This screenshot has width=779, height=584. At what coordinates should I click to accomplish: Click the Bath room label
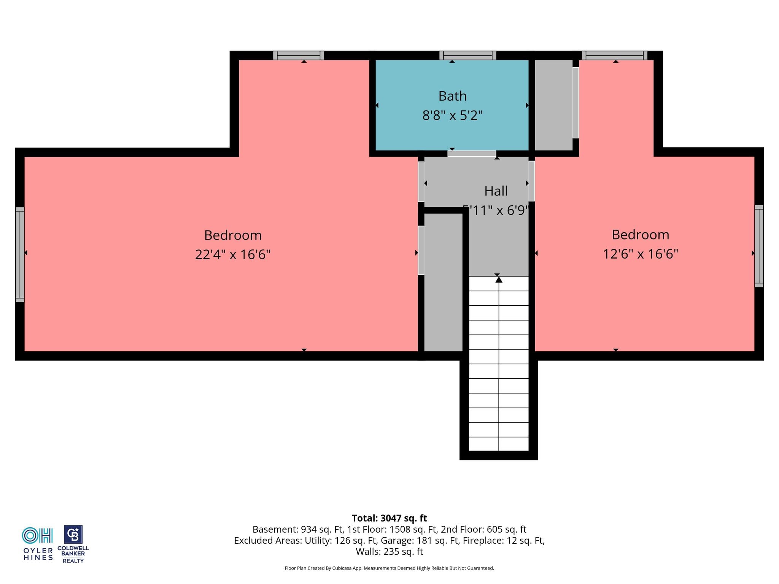pos(452,96)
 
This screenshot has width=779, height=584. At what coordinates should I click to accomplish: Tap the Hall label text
pos(496,191)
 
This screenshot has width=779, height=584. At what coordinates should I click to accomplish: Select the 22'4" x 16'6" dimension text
pos(233,254)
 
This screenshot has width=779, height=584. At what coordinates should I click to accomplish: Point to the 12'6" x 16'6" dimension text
pos(641,254)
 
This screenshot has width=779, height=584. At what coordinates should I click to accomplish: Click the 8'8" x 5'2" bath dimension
pos(452,115)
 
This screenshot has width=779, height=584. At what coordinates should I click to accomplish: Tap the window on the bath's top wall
pos(467,56)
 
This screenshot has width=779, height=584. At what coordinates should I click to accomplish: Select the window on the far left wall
pos(20,255)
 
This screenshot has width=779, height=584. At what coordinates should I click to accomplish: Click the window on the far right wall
pos(759,246)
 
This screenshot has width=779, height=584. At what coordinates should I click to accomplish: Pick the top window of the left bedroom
pos(299,56)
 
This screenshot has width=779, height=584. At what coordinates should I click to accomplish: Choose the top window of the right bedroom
pos(615,56)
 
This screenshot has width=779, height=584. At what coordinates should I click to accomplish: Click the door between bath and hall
pos(472,154)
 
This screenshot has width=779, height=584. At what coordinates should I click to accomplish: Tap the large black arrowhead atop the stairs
pos(499,280)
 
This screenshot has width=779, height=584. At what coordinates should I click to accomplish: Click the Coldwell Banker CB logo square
pos(73,535)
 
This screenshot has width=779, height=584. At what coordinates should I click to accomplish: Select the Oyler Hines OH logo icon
pos(37,535)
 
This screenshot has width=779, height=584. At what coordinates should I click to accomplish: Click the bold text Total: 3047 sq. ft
pos(389,518)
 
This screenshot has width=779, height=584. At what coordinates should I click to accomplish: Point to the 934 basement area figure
pos(308,529)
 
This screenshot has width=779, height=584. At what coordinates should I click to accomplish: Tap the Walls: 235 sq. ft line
pos(389,551)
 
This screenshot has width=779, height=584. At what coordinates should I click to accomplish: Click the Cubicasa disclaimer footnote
pos(389,568)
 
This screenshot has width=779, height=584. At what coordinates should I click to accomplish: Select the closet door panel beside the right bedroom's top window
pos(576,103)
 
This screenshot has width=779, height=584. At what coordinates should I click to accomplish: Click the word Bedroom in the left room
pos(233,235)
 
